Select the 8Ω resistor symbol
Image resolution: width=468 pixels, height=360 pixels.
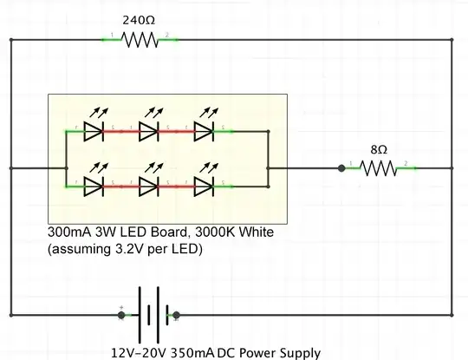click(x=378, y=168)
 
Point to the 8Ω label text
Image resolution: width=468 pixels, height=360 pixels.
click(x=378, y=148)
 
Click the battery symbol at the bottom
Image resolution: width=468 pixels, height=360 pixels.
click(x=147, y=315)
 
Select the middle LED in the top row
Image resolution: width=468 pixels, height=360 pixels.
click(x=148, y=132)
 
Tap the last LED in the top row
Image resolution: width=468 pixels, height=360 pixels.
click(x=204, y=132)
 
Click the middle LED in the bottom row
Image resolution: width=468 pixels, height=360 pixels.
click(x=148, y=186)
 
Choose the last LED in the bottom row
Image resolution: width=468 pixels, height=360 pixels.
click(x=204, y=186)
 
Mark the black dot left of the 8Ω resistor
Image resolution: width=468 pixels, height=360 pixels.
click(x=341, y=168)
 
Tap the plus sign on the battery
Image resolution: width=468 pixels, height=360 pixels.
click(x=120, y=307)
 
